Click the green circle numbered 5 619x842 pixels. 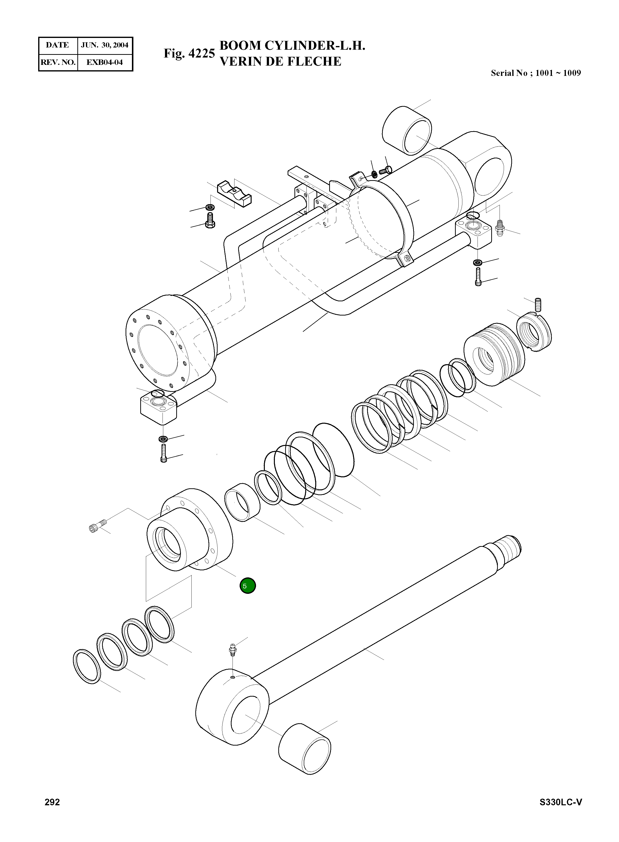pos(247,586)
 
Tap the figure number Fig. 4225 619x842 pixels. pos(189,54)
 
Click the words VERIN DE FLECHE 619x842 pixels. pos(280,61)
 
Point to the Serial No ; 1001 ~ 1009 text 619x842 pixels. pos(536,73)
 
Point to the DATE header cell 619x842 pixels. pos(57,45)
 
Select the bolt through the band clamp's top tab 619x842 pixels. pos(385,171)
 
